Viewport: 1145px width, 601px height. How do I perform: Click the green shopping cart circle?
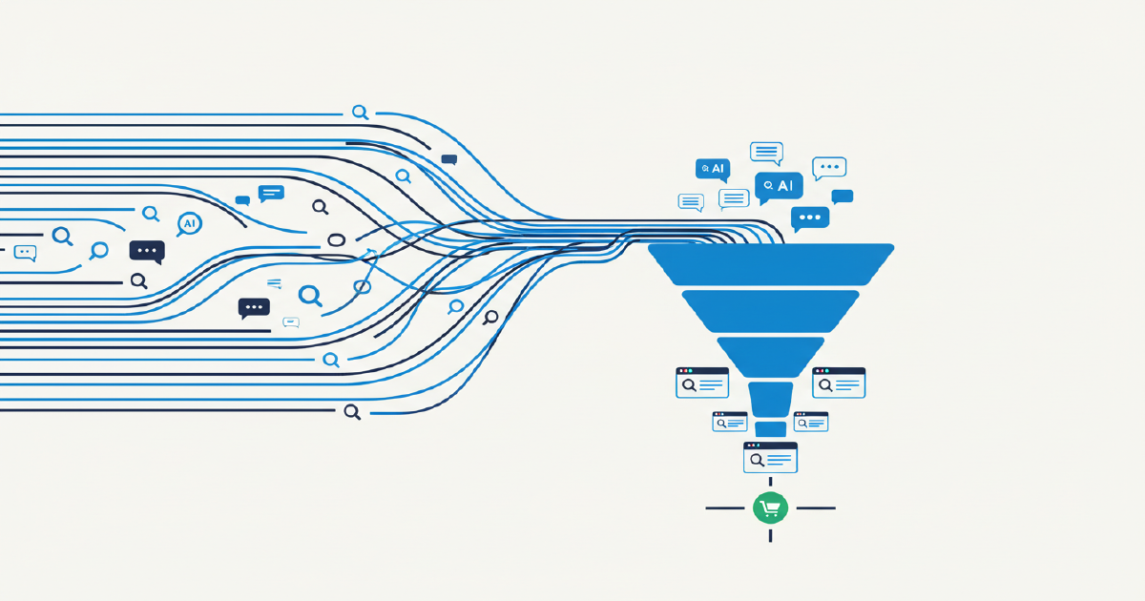click(769, 508)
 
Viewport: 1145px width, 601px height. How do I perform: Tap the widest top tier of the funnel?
click(771, 263)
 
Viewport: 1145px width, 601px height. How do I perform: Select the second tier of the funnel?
click(771, 310)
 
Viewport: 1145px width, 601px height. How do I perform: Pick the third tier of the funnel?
click(771, 355)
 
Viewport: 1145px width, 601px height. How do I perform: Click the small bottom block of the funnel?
click(770, 429)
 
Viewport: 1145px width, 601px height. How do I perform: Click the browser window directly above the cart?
click(770, 457)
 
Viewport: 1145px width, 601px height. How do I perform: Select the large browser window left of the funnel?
click(701, 383)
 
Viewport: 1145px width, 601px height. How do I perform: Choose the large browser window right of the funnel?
click(839, 383)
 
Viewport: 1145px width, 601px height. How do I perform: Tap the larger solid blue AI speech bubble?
click(778, 186)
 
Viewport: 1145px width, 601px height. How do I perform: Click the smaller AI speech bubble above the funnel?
click(712, 169)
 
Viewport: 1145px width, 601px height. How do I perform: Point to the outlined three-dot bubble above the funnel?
click(829, 168)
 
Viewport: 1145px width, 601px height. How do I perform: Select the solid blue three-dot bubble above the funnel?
click(810, 218)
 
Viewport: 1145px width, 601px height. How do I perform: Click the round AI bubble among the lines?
click(189, 223)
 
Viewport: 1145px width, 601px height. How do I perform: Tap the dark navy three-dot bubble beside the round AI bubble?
click(147, 251)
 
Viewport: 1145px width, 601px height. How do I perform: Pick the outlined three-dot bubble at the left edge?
click(26, 253)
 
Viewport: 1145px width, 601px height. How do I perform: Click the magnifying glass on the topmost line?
click(360, 113)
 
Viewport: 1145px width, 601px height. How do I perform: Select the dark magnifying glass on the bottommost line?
click(352, 411)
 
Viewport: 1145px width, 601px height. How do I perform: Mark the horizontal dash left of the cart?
click(724, 508)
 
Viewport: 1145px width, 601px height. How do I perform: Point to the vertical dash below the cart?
click(770, 535)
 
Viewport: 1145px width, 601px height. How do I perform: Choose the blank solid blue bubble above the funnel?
click(842, 197)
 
